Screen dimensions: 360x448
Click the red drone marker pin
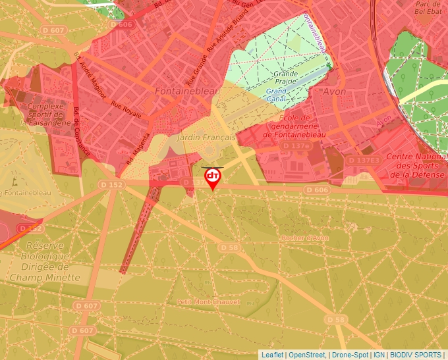(x=213, y=178)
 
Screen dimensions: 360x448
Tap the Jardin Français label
(x=206, y=138)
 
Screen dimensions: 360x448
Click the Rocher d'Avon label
(x=304, y=238)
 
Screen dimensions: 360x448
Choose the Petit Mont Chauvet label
(x=208, y=301)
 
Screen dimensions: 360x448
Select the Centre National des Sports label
(x=416, y=165)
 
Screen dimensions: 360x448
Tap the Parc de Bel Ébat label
(x=428, y=7)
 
